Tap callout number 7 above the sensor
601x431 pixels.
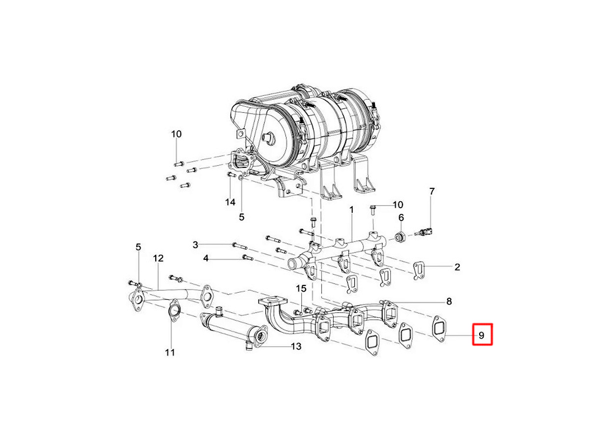(x=431, y=191)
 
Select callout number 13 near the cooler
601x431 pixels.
(x=296, y=346)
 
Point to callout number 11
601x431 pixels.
(x=170, y=352)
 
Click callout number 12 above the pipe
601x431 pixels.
(x=158, y=258)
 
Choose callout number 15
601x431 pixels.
(x=301, y=289)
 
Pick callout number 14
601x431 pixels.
(x=230, y=202)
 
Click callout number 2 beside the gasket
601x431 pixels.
(x=457, y=267)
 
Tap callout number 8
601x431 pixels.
(x=449, y=302)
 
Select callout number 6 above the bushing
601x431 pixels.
(x=401, y=217)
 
